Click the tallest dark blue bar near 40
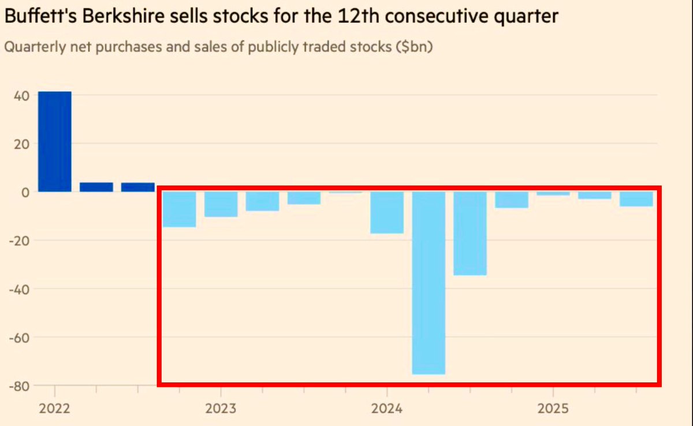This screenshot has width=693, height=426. pyautogui.click(x=55, y=142)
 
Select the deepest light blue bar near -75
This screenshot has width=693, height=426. pyautogui.click(x=429, y=283)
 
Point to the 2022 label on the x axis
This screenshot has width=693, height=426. pyautogui.click(x=54, y=409)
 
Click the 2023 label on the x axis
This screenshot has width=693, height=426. pyautogui.click(x=221, y=409)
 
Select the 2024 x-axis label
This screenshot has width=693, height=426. pyautogui.click(x=387, y=409)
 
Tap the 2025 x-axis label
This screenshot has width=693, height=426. pyautogui.click(x=553, y=409)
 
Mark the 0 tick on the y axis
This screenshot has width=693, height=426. pyautogui.click(x=26, y=192)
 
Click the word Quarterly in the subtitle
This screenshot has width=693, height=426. pyautogui.click(x=30, y=47)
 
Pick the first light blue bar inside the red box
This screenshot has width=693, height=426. pyautogui.click(x=179, y=209)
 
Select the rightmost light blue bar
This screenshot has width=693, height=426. pyautogui.click(x=636, y=199)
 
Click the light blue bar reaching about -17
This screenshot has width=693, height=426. pyautogui.click(x=387, y=213)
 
